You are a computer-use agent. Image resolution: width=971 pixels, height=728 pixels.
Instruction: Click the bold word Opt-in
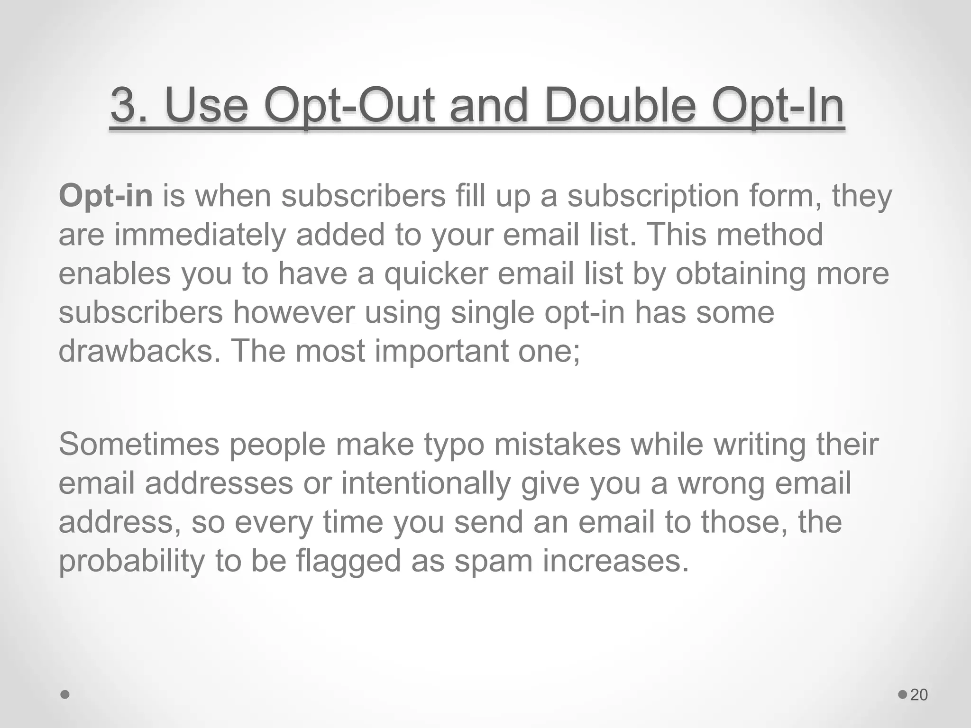point(105,196)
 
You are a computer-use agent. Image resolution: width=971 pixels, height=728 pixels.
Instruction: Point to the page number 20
point(919,695)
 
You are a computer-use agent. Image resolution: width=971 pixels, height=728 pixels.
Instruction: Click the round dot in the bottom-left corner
point(65,695)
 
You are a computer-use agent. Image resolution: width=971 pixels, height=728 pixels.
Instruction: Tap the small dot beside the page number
point(903,695)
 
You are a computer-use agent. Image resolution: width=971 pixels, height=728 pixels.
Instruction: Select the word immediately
point(200,236)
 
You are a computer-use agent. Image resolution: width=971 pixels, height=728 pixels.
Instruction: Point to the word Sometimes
point(139,445)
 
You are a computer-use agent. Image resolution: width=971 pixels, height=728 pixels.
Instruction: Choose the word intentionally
point(426,484)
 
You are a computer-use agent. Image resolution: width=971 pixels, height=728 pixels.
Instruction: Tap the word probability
point(131,561)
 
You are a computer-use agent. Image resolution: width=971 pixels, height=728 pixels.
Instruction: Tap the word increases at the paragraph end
point(615,561)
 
